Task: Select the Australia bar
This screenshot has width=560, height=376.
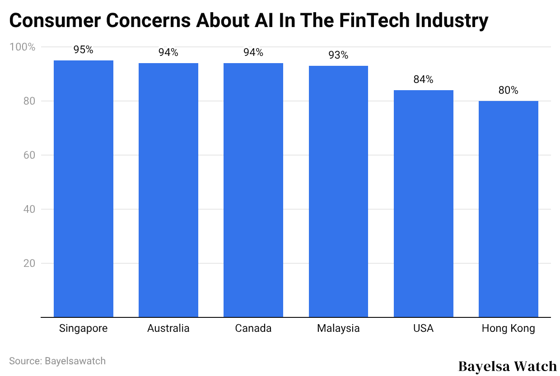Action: point(168,190)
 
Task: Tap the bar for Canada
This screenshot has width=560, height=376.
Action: point(253,190)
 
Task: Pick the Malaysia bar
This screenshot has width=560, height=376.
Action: point(338,191)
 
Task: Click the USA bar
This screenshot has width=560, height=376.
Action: point(423,203)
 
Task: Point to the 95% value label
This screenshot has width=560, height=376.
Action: point(84,50)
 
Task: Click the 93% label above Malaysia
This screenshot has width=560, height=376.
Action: point(338,55)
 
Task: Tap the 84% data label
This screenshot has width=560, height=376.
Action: point(423,80)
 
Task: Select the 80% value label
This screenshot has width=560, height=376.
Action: point(508,91)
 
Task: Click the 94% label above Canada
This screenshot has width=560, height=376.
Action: point(253,53)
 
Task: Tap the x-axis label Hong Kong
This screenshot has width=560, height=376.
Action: point(508,329)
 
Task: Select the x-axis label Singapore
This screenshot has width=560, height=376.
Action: point(84,329)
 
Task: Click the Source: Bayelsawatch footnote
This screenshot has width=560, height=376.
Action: point(57,361)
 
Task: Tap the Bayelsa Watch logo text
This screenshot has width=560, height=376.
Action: point(507,366)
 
